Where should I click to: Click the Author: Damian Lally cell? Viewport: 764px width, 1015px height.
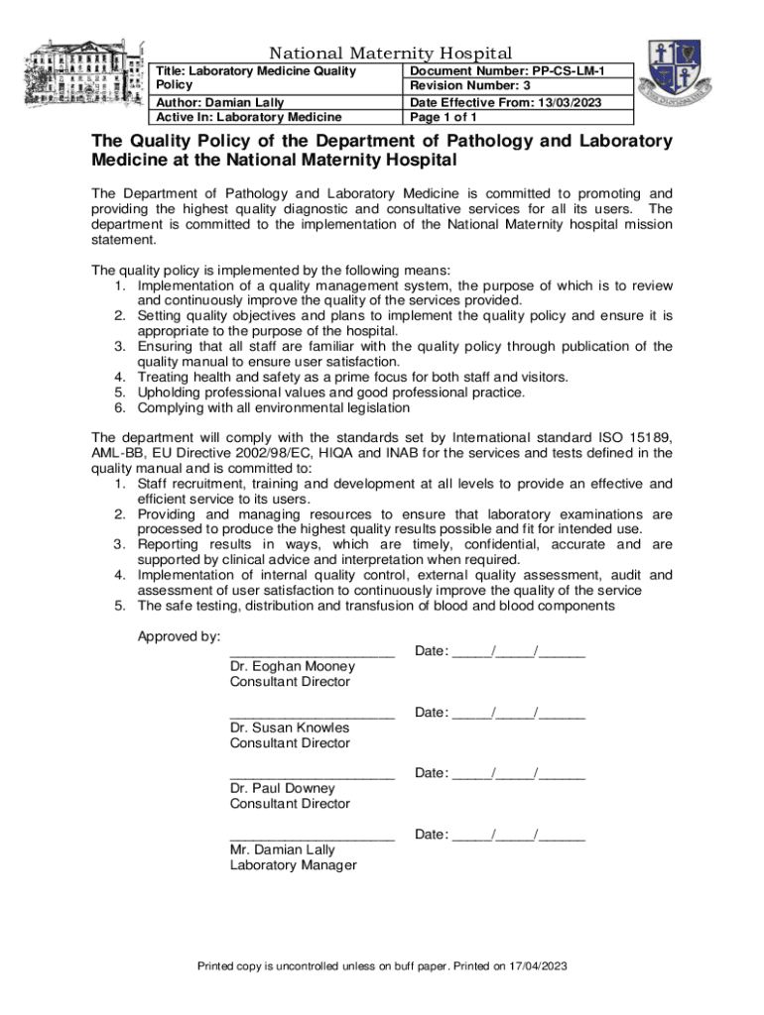[x=219, y=103]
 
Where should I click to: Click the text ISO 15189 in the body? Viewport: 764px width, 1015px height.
[x=640, y=437]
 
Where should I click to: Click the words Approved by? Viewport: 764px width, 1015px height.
[x=179, y=635]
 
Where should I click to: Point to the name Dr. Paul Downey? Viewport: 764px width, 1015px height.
[x=283, y=789]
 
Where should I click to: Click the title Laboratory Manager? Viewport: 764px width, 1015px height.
[x=293, y=865]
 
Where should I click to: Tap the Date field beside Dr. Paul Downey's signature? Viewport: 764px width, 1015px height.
[x=500, y=773]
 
